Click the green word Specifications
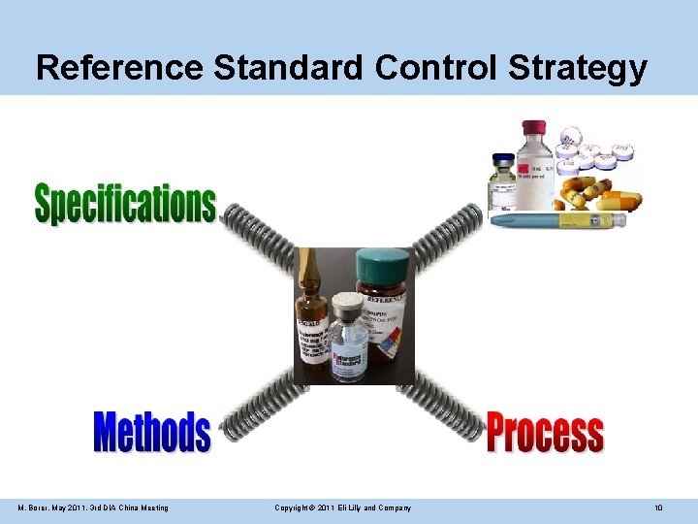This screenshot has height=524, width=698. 125,203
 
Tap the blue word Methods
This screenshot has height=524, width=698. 151,432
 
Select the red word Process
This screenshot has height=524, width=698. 544,433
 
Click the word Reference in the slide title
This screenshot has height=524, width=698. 118,68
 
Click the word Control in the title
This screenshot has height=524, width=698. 424,68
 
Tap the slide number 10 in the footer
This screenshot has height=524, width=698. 658,508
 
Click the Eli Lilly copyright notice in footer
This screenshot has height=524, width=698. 342,508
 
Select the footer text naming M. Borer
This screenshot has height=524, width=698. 93,508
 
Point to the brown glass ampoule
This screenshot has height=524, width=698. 311,311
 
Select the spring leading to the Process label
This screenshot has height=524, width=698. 447,404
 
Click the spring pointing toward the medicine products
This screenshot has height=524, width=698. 447,233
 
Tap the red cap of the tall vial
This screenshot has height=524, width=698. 534,128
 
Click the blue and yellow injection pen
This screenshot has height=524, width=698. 557,220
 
